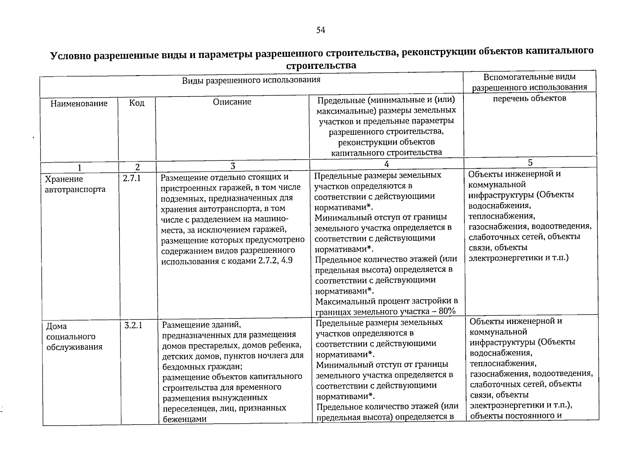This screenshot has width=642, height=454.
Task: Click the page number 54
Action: [320, 30]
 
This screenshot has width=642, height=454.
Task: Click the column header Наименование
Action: [79, 104]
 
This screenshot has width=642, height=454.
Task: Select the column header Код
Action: [137, 103]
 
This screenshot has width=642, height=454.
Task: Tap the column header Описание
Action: [232, 102]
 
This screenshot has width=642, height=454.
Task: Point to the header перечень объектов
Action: [530, 98]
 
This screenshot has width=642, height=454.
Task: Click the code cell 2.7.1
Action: [132, 178]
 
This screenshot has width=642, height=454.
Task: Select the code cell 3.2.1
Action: [133, 325]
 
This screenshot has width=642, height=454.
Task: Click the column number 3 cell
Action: [233, 166]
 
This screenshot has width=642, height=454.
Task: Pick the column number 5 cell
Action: [530, 163]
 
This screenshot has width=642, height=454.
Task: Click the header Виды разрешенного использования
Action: [251, 80]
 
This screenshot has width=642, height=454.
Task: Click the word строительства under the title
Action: [321, 65]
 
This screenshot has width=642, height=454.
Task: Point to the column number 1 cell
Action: [79, 167]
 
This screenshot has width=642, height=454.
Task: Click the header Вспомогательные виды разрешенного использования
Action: [530, 82]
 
